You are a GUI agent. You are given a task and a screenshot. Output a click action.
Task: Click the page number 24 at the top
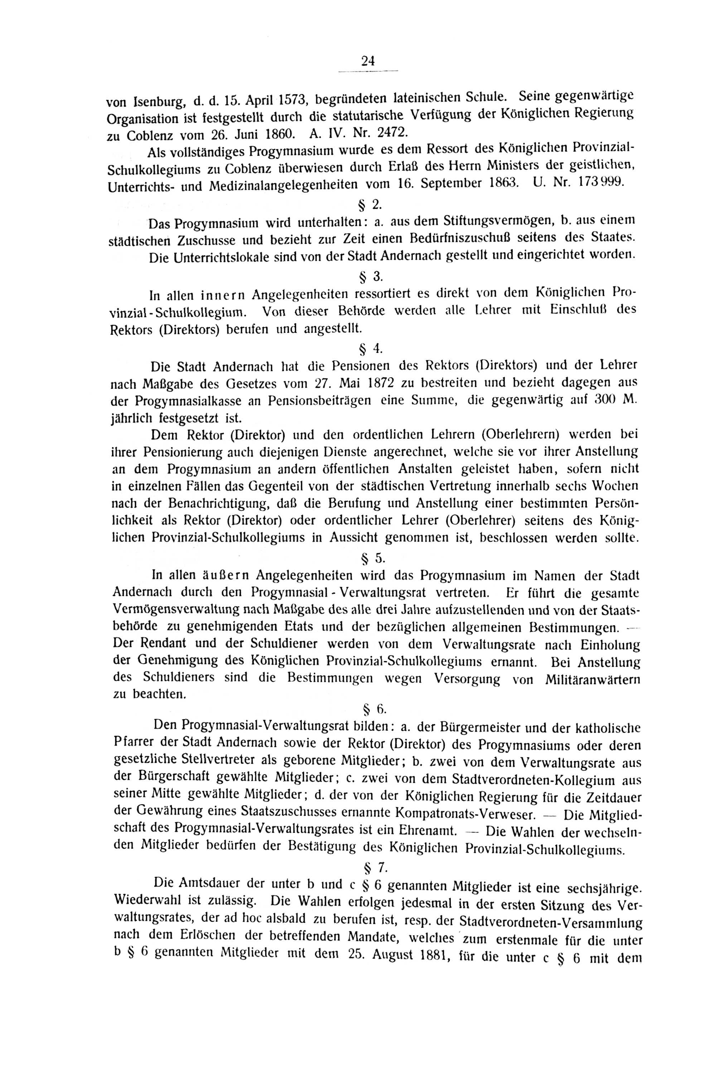[x=368, y=61]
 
